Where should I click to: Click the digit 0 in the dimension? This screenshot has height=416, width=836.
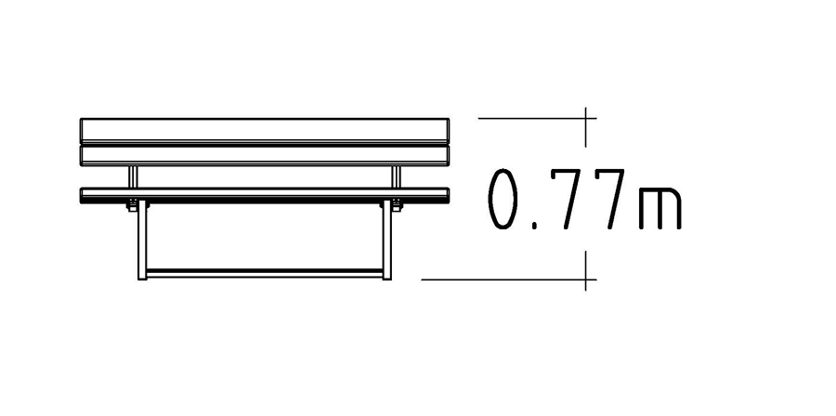click(503, 200)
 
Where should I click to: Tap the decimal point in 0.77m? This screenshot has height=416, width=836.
click(535, 227)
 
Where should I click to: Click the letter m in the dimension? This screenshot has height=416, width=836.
click(660, 208)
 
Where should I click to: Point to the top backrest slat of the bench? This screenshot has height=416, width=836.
click(265, 130)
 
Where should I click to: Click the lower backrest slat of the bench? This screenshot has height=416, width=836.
click(265, 155)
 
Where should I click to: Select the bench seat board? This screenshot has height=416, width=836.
click(265, 195)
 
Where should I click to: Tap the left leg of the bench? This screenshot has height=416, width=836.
click(142, 240)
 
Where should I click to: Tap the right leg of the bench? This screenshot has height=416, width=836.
click(386, 240)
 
